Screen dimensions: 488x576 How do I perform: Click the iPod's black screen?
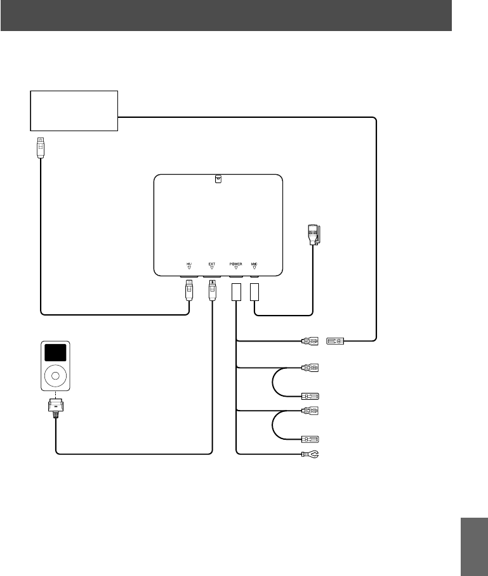point(55,353)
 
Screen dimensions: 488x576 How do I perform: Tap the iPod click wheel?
point(55,376)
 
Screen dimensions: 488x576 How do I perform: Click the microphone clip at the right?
point(314,235)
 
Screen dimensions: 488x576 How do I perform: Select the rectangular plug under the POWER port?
point(235,291)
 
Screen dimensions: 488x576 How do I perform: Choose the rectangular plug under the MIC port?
point(254,291)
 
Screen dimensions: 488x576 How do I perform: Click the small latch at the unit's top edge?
point(218,179)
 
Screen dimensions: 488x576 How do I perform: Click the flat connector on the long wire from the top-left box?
point(335,342)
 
